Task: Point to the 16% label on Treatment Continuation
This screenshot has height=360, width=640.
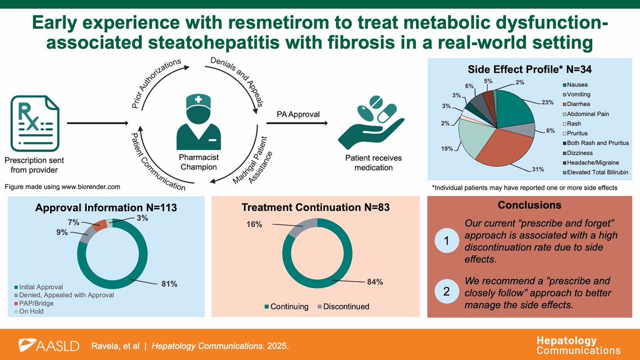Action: [255, 225]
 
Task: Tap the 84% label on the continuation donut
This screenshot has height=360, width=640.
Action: [374, 282]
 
